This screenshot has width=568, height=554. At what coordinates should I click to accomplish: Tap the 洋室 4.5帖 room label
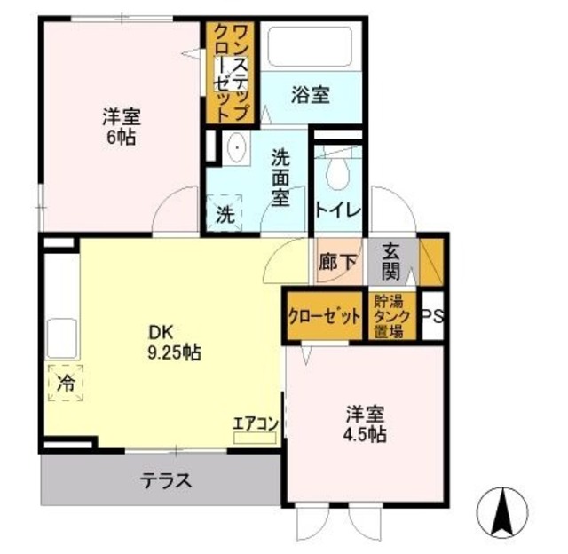[x=365, y=424]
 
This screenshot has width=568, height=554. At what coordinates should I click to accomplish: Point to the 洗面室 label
[x=281, y=177]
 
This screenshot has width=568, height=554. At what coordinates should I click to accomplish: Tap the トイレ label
[x=338, y=211]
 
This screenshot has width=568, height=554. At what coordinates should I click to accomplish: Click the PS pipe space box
[x=433, y=316]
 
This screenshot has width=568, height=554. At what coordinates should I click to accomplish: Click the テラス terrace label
[x=166, y=482]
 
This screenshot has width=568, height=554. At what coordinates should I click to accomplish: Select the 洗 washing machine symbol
[x=225, y=213]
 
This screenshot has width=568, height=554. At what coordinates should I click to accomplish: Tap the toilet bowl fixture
[x=338, y=173]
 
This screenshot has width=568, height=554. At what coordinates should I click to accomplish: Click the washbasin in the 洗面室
[x=235, y=146]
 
